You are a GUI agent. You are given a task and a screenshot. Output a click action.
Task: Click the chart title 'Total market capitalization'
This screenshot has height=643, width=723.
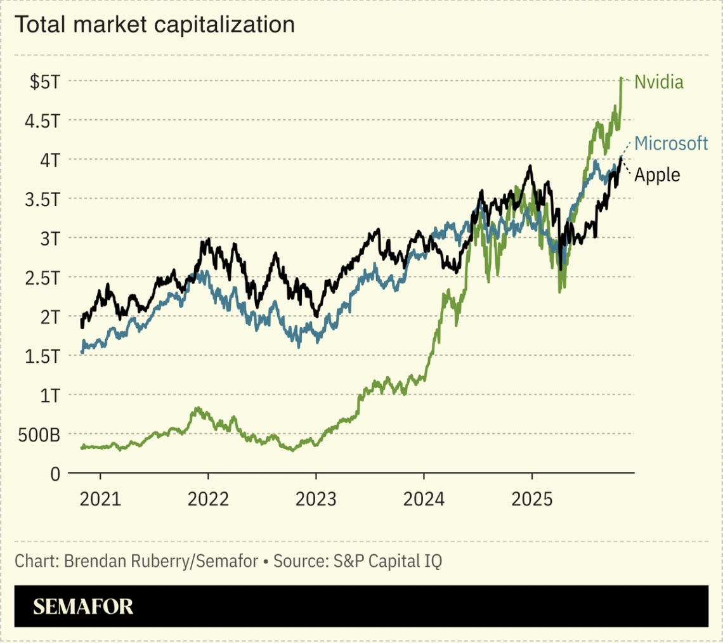pos(154,25)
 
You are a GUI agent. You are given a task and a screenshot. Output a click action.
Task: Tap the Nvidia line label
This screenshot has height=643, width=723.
pos(659,82)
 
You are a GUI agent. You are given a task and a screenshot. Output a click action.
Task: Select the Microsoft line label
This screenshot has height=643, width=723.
pos(671,143)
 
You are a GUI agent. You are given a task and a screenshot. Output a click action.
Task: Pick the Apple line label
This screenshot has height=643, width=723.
pos(657,175)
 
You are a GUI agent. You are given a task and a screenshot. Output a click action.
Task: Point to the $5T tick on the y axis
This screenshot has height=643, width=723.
pos(43,81)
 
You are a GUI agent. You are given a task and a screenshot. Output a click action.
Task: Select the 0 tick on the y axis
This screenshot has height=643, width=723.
pos(55,474)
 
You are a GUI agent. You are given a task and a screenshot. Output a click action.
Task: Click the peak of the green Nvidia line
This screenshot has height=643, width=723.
pos(622,78)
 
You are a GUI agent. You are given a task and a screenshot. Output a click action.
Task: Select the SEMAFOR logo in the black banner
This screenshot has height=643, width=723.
pos(83,607)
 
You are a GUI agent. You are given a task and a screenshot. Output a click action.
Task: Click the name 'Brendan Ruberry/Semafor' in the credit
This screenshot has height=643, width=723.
pos(161,561)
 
